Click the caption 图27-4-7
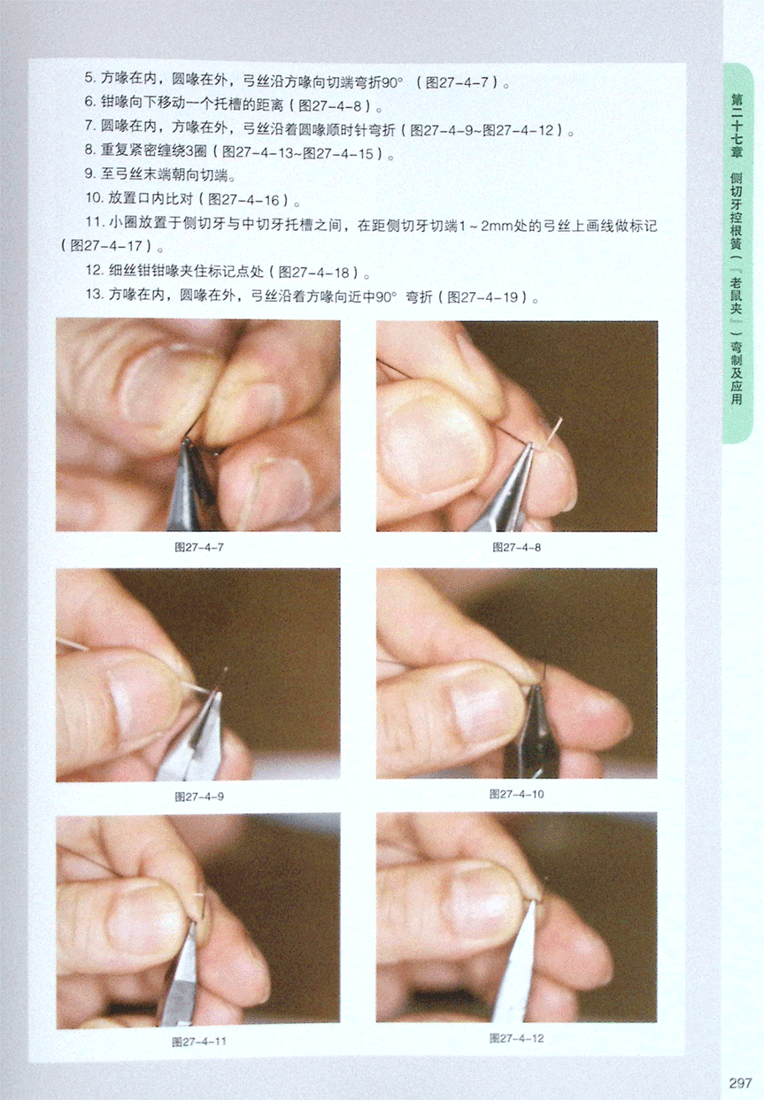click(x=199, y=547)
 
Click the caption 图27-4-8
click(x=516, y=547)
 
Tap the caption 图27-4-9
click(x=199, y=796)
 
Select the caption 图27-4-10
click(x=516, y=794)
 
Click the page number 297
click(x=740, y=1082)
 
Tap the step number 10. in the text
click(x=94, y=198)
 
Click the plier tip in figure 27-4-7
click(x=186, y=442)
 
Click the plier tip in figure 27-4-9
click(x=217, y=693)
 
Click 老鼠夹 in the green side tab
click(x=736, y=296)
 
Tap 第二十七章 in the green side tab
click(x=736, y=126)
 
